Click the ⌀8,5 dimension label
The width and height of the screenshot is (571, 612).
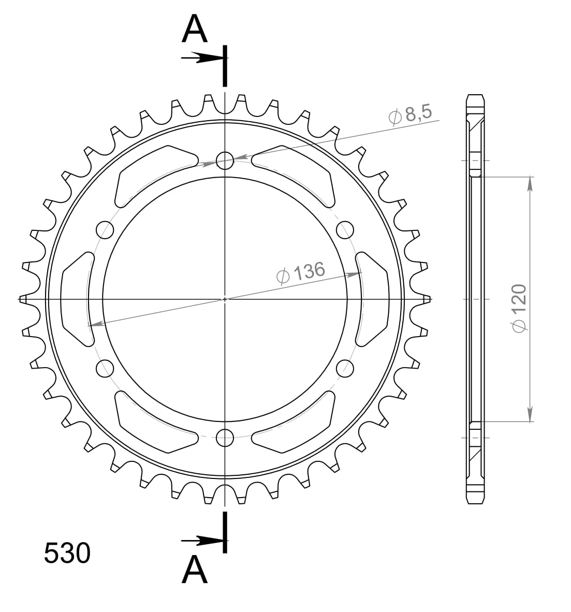pos(410,114)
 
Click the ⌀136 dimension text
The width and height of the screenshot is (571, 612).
pos(301,272)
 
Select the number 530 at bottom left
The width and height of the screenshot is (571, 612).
pos(67,553)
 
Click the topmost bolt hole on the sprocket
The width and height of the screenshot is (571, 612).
pos(225,161)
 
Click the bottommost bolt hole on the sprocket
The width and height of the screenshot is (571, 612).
pos(225,437)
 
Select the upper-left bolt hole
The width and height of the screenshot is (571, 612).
pos(105,229)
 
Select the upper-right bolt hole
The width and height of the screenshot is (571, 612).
pos(345,229)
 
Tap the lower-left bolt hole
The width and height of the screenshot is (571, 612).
pos(105,368)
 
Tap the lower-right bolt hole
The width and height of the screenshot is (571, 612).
pos(345,368)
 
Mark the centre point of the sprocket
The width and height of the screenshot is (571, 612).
pos(225,299)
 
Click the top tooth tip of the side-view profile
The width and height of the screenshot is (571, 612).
pos(476,96)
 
